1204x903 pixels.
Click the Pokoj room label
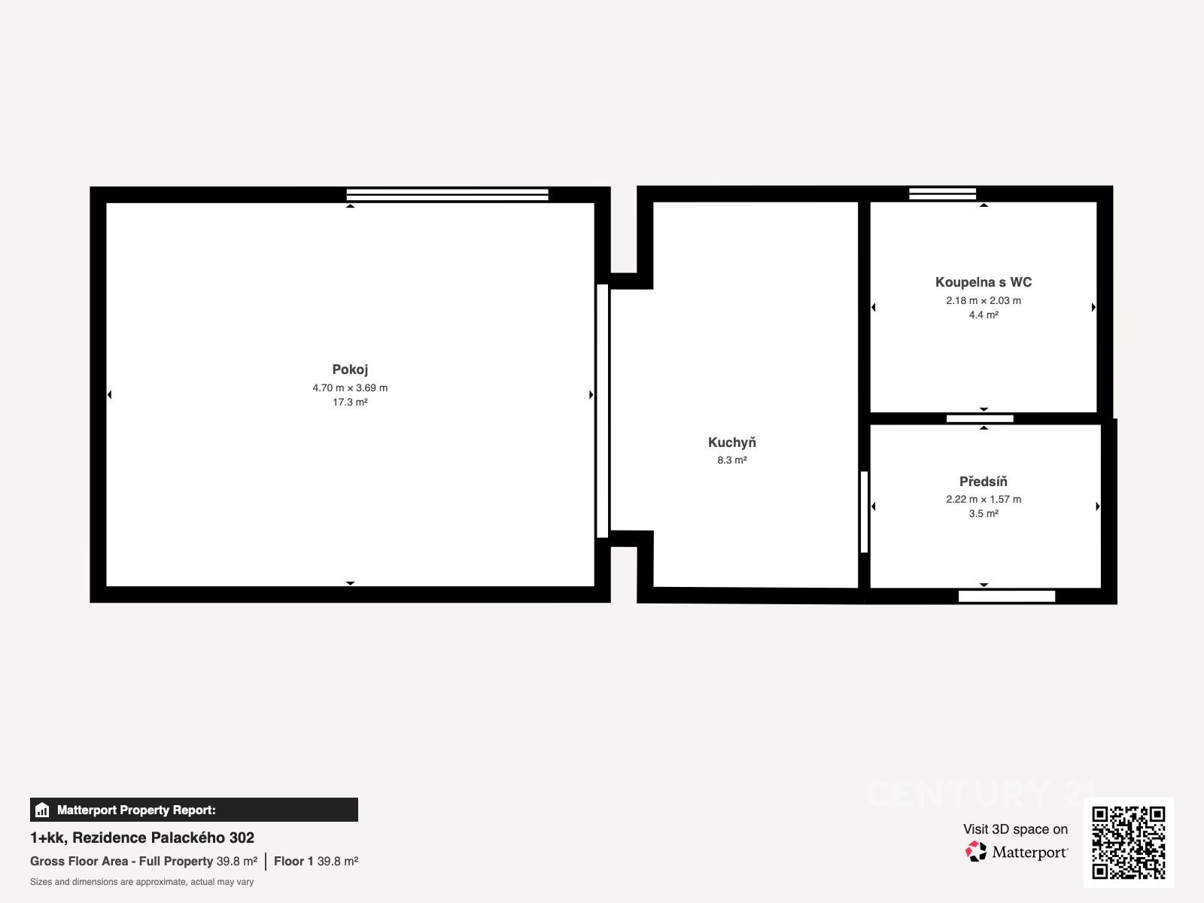click(x=350, y=369)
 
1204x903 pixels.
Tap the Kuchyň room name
click(x=731, y=442)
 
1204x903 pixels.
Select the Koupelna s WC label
click(x=984, y=281)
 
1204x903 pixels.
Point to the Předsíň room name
click(x=983, y=481)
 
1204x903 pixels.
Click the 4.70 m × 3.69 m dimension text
click(x=350, y=388)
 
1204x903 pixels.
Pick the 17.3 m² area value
click(x=350, y=402)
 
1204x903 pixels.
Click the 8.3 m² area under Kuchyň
click(x=731, y=460)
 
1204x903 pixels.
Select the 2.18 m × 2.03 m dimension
click(x=984, y=300)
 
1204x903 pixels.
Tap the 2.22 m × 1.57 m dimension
click(x=984, y=499)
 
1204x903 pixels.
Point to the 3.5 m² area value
click(x=984, y=513)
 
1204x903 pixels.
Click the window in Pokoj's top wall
click(x=447, y=195)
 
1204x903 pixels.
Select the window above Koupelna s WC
click(x=942, y=193)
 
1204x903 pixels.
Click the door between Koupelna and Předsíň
click(x=980, y=418)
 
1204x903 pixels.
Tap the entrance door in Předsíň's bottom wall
click(x=1007, y=596)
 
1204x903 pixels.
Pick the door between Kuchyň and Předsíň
click(x=864, y=512)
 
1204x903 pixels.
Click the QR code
click(x=1128, y=842)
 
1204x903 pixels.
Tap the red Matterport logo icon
click(x=976, y=852)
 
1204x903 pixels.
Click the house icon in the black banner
click(x=42, y=810)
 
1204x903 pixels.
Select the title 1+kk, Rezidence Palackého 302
click(x=142, y=838)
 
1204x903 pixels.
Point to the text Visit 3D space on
click(x=1015, y=829)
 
